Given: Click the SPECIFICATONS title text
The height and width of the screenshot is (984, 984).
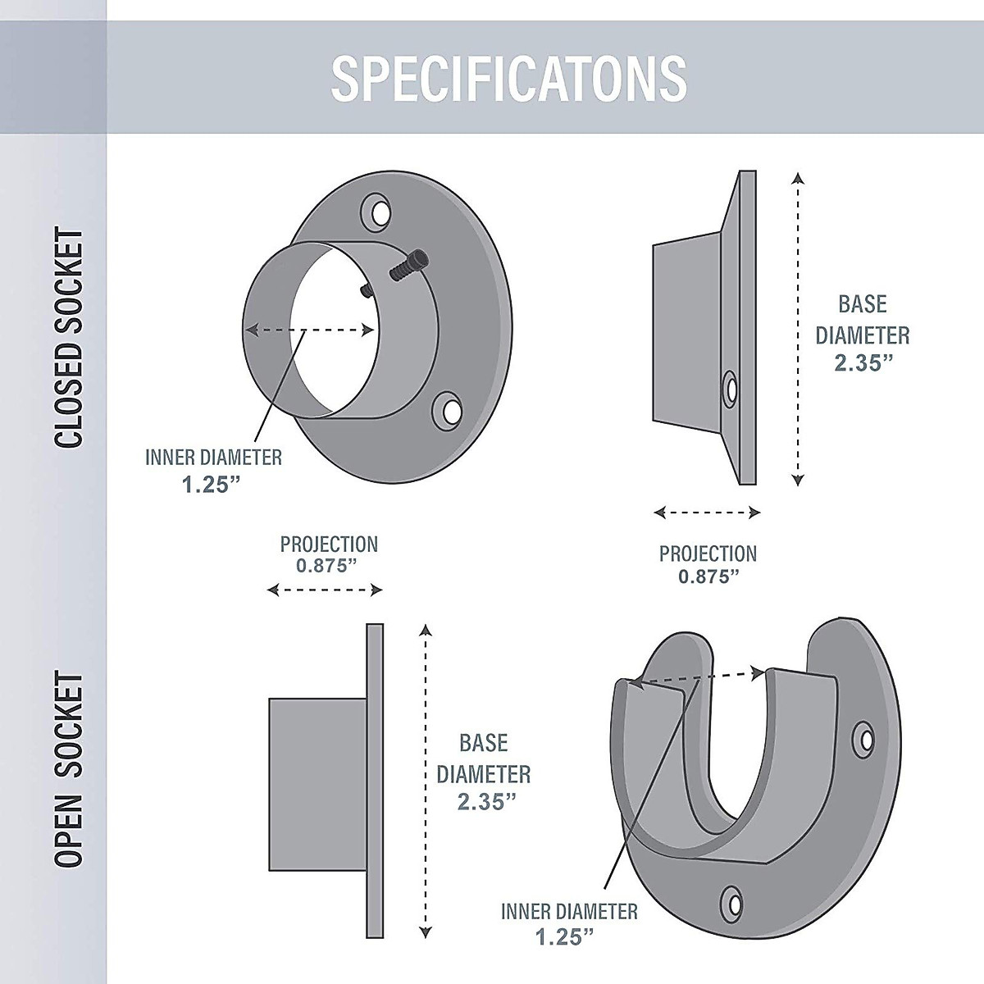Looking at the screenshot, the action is click(x=508, y=78).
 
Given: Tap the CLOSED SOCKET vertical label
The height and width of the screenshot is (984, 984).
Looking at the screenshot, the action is click(x=70, y=339).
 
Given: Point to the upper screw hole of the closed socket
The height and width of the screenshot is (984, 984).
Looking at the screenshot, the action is click(x=379, y=212).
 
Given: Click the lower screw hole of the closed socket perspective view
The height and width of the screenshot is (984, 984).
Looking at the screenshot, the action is click(x=448, y=411).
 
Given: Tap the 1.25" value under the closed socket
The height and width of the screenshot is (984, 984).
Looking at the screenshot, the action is click(x=212, y=484).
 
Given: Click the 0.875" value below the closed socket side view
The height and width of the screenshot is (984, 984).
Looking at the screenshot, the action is click(x=708, y=576).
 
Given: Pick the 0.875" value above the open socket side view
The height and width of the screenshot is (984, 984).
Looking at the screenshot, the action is click(x=329, y=566).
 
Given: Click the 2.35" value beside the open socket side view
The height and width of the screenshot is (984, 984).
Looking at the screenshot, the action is click(x=483, y=802).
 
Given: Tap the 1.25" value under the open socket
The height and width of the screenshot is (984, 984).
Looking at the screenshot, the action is click(x=565, y=936).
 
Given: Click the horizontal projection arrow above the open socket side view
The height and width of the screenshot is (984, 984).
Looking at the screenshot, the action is click(x=326, y=590).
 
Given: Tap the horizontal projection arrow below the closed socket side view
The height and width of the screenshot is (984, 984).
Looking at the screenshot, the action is click(x=708, y=513).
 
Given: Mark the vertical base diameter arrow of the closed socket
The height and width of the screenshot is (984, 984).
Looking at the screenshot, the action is click(x=799, y=328).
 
